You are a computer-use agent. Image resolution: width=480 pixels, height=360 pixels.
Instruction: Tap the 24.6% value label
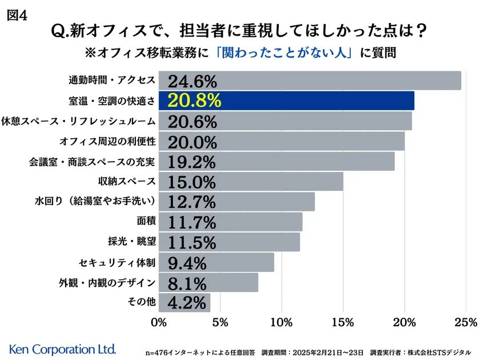[x=193, y=81]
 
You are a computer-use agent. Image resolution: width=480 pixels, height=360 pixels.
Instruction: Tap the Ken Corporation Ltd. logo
[x=63, y=348]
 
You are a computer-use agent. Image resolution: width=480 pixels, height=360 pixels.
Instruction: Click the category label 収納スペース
[x=127, y=182]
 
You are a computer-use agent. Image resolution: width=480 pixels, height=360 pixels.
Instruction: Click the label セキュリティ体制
[x=117, y=262]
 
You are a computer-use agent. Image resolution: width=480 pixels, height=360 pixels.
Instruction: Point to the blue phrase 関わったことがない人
[x=286, y=53]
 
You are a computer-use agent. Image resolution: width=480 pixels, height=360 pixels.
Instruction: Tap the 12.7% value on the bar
[x=193, y=202]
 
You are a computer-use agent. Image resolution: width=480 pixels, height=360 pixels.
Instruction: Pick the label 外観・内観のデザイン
[x=107, y=282]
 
